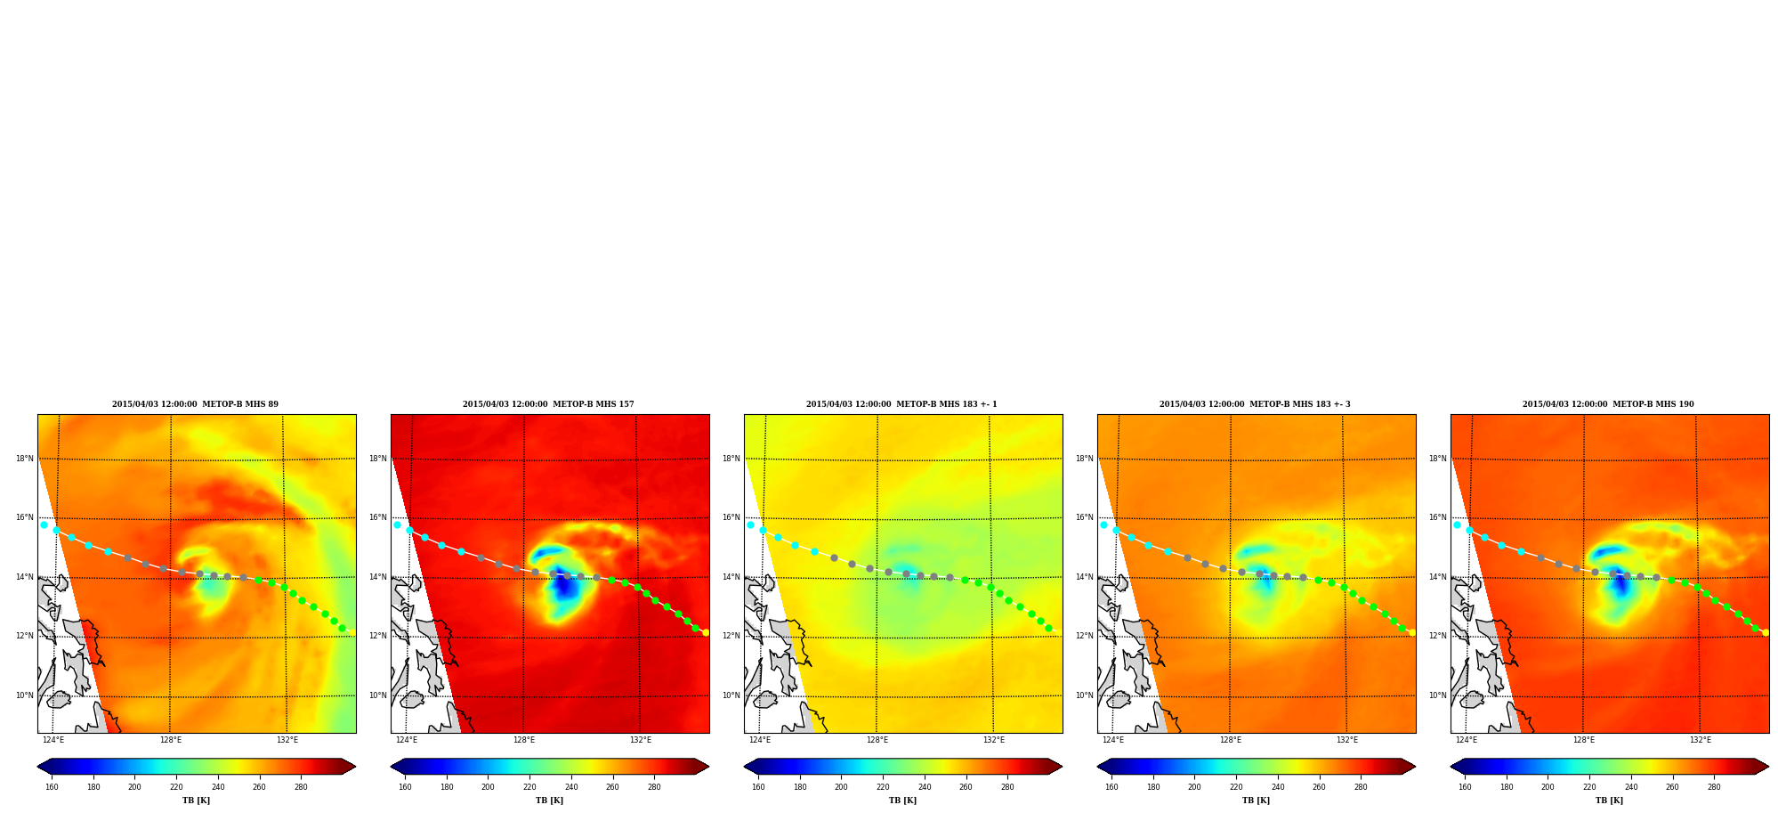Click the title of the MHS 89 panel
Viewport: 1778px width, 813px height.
pyautogui.click(x=195, y=404)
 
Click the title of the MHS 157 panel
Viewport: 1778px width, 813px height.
pyautogui.click(x=548, y=404)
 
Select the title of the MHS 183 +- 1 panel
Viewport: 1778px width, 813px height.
pyautogui.click(x=901, y=404)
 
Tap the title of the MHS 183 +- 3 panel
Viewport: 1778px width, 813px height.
pyautogui.click(x=1255, y=404)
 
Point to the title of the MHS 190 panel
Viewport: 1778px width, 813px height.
pyautogui.click(x=1608, y=404)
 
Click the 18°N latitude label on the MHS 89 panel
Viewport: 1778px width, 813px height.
pyautogui.click(x=25, y=459)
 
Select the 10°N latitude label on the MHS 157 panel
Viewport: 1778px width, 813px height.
pyautogui.click(x=378, y=695)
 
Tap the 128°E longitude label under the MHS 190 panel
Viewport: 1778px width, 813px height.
pyautogui.click(x=1583, y=740)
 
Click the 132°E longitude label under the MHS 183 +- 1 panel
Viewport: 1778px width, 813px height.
pyautogui.click(x=994, y=740)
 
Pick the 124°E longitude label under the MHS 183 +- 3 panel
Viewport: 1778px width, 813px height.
pyautogui.click(x=1113, y=740)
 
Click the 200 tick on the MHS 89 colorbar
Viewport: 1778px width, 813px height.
pyautogui.click(x=134, y=786)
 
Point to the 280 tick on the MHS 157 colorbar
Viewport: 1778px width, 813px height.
pyautogui.click(x=654, y=786)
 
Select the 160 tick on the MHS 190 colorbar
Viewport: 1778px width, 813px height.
pyautogui.click(x=1465, y=786)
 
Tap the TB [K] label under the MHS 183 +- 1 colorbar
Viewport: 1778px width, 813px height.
pyautogui.click(x=902, y=801)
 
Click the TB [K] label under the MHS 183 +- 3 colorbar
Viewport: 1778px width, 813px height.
pyautogui.click(x=1256, y=801)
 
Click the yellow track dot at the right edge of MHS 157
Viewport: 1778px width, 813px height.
pyautogui.click(x=706, y=633)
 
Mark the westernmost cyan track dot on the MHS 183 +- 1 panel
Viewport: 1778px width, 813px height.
pyautogui.click(x=750, y=524)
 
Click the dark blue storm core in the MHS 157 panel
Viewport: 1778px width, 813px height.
pyautogui.click(x=563, y=585)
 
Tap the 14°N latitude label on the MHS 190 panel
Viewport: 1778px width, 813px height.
pyautogui.click(x=1438, y=577)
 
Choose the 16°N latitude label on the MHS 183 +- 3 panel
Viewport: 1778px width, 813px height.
pyautogui.click(x=1085, y=517)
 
